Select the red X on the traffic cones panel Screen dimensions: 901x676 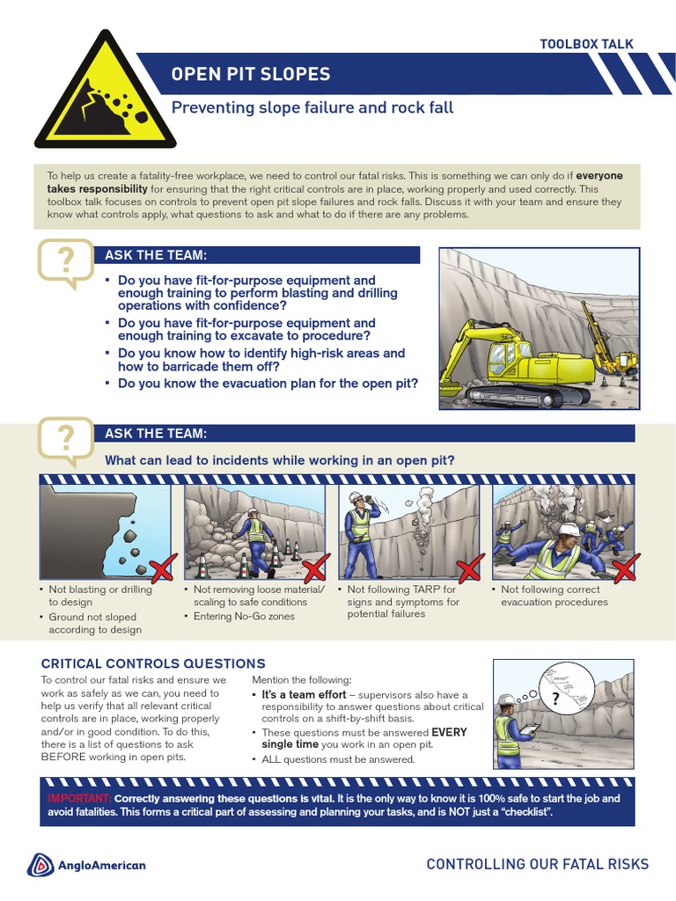(x=314, y=568)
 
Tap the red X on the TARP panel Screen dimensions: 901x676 (x=469, y=568)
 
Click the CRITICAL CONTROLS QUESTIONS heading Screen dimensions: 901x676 (x=153, y=663)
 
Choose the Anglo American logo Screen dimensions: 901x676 (x=87, y=865)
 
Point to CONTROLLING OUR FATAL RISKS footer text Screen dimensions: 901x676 (x=537, y=864)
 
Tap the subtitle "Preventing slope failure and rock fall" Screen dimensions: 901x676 (x=312, y=108)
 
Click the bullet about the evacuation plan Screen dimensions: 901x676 (x=268, y=384)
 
